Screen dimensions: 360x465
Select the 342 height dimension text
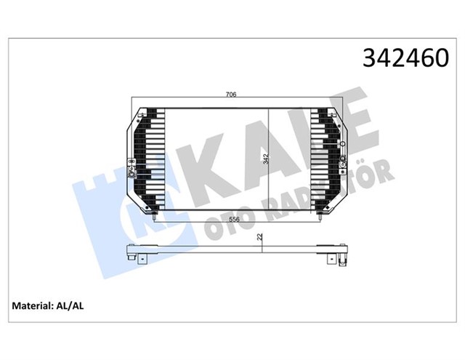(x=266, y=158)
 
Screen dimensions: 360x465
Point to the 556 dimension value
(x=231, y=218)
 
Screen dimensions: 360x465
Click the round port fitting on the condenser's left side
(x=131, y=172)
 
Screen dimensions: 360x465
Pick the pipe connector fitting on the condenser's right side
(x=339, y=145)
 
